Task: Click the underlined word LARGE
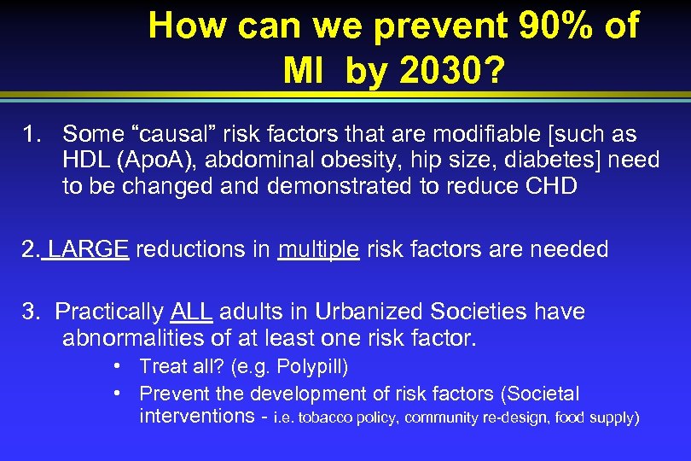(x=88, y=249)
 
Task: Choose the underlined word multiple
(x=318, y=249)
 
